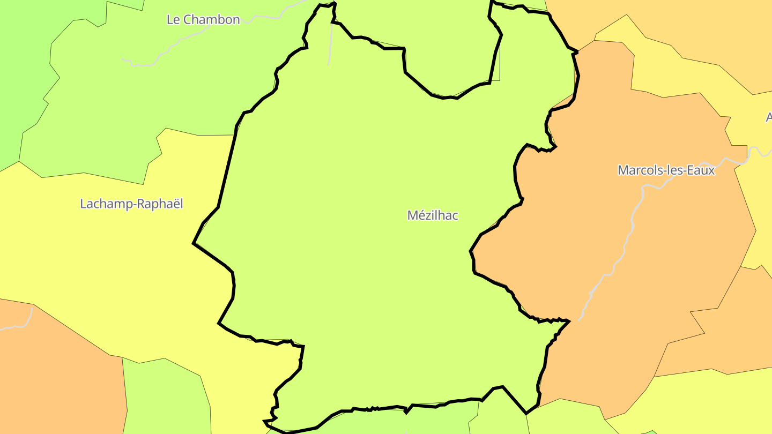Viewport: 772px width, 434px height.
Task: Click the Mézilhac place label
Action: coord(433,215)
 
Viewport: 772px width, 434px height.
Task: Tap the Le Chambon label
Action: coord(203,20)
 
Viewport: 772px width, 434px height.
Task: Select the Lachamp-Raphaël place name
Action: coord(131,204)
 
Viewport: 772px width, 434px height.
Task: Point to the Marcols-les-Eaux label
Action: coord(666,170)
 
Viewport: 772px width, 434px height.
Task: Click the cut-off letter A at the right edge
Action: coord(768,117)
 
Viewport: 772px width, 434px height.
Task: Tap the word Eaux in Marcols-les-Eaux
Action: coord(702,170)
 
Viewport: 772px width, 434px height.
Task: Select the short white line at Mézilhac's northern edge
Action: coord(330,43)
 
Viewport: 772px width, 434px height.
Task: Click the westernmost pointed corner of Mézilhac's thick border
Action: coord(194,243)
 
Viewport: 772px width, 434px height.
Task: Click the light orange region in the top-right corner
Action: coord(697,27)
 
